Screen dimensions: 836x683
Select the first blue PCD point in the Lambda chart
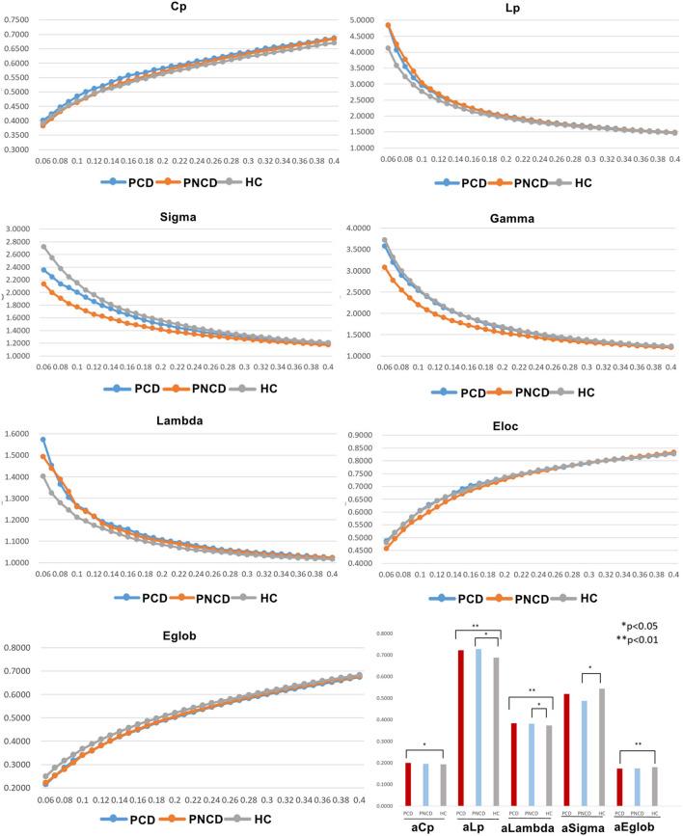(43, 440)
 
